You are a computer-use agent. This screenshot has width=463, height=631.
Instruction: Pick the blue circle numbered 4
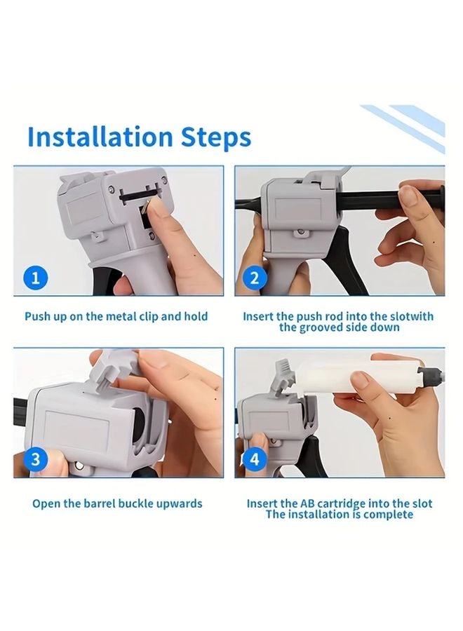[x=255, y=459]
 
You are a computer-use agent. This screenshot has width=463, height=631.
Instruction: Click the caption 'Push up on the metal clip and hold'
[x=116, y=316]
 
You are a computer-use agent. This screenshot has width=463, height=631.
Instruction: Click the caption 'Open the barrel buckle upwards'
[x=117, y=503]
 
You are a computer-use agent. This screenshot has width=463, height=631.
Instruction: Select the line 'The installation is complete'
[x=339, y=515]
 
